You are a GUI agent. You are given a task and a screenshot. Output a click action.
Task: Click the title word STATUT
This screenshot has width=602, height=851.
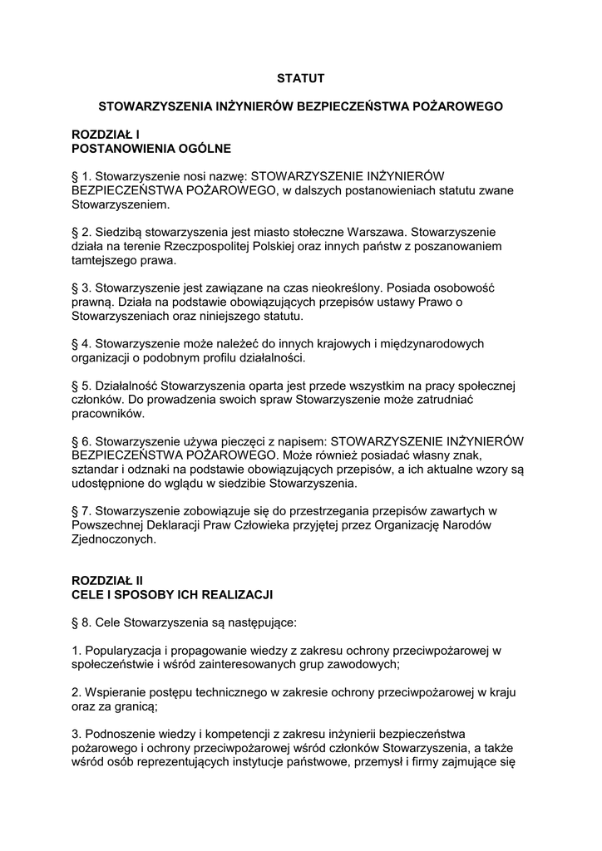tap(300, 78)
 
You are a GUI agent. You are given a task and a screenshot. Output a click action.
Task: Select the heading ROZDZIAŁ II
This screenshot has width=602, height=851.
tap(108, 581)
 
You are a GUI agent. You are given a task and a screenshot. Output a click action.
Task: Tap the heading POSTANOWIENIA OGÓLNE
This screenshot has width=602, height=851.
tap(152, 149)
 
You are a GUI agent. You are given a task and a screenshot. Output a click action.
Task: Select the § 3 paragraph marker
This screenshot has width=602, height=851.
tap(82, 288)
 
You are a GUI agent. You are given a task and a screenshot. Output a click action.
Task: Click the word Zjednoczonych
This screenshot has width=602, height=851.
tap(113, 539)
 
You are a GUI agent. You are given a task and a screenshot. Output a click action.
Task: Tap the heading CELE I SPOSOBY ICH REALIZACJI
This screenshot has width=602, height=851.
tap(173, 595)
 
